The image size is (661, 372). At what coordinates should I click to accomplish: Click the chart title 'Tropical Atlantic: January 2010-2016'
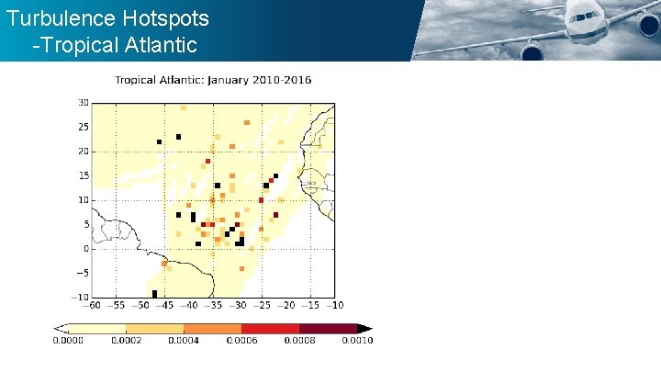(x=212, y=80)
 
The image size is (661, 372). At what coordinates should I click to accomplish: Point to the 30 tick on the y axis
(x=83, y=103)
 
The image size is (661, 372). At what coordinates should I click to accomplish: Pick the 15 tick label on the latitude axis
(x=83, y=175)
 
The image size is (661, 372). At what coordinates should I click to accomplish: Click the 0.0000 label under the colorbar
(x=67, y=341)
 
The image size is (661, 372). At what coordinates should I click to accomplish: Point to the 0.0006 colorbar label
(x=241, y=341)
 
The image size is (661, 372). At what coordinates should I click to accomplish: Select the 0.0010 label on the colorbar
(x=357, y=341)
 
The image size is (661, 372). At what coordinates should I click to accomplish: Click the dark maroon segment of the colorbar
(x=328, y=328)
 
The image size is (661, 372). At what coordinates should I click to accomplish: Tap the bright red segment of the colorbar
(x=270, y=328)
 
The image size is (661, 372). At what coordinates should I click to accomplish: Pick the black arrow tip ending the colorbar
(x=364, y=328)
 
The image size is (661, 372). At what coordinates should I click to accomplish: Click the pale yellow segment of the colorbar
(x=96, y=328)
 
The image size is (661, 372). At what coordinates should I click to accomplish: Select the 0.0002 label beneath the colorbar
(x=126, y=341)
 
